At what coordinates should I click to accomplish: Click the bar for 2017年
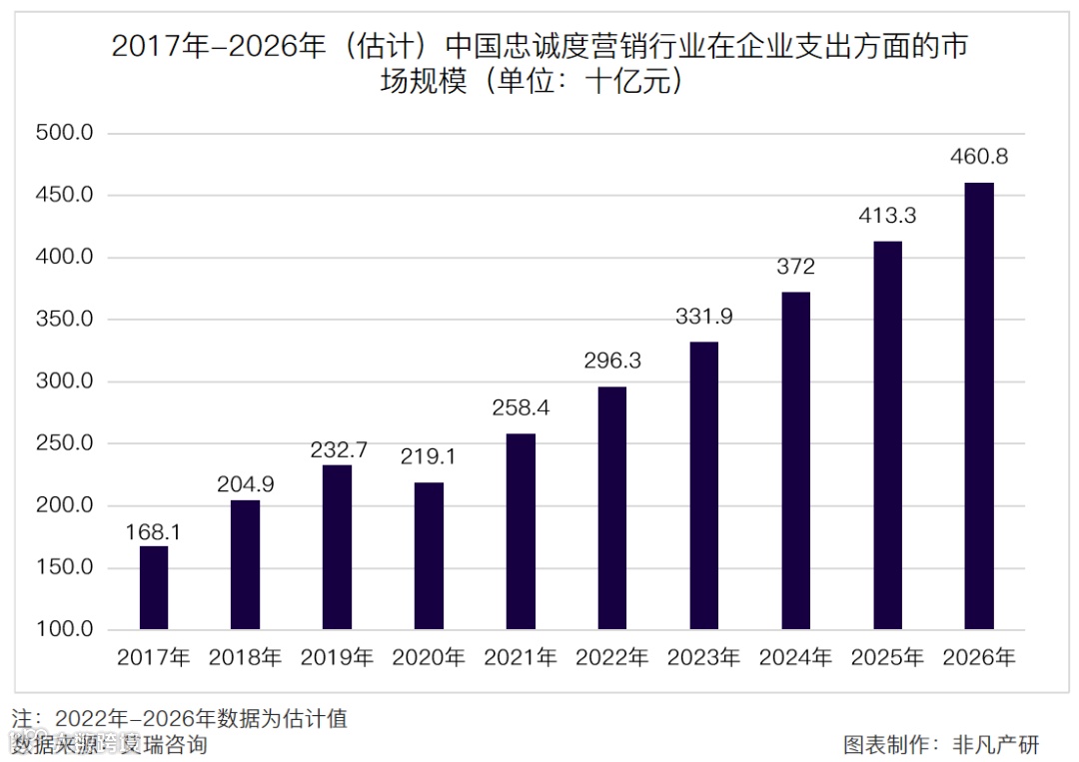153,588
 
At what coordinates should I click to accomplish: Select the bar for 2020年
429,556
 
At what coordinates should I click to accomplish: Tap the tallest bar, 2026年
979,406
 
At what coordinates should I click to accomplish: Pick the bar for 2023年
703,485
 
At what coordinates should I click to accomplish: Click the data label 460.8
979,157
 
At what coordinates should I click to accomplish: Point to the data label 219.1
429,456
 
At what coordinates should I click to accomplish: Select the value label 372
795,267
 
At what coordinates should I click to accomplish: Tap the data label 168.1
153,531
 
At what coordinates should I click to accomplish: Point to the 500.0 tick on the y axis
64,133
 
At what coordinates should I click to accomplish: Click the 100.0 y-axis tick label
64,630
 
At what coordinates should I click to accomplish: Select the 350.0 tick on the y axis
64,320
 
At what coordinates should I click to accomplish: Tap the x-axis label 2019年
337,657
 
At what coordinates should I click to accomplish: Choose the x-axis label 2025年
887,657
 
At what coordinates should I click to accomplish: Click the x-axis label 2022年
611,657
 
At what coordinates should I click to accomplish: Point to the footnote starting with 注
180,718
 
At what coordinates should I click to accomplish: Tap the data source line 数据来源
110,744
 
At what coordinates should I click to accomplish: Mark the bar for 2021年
521,531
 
